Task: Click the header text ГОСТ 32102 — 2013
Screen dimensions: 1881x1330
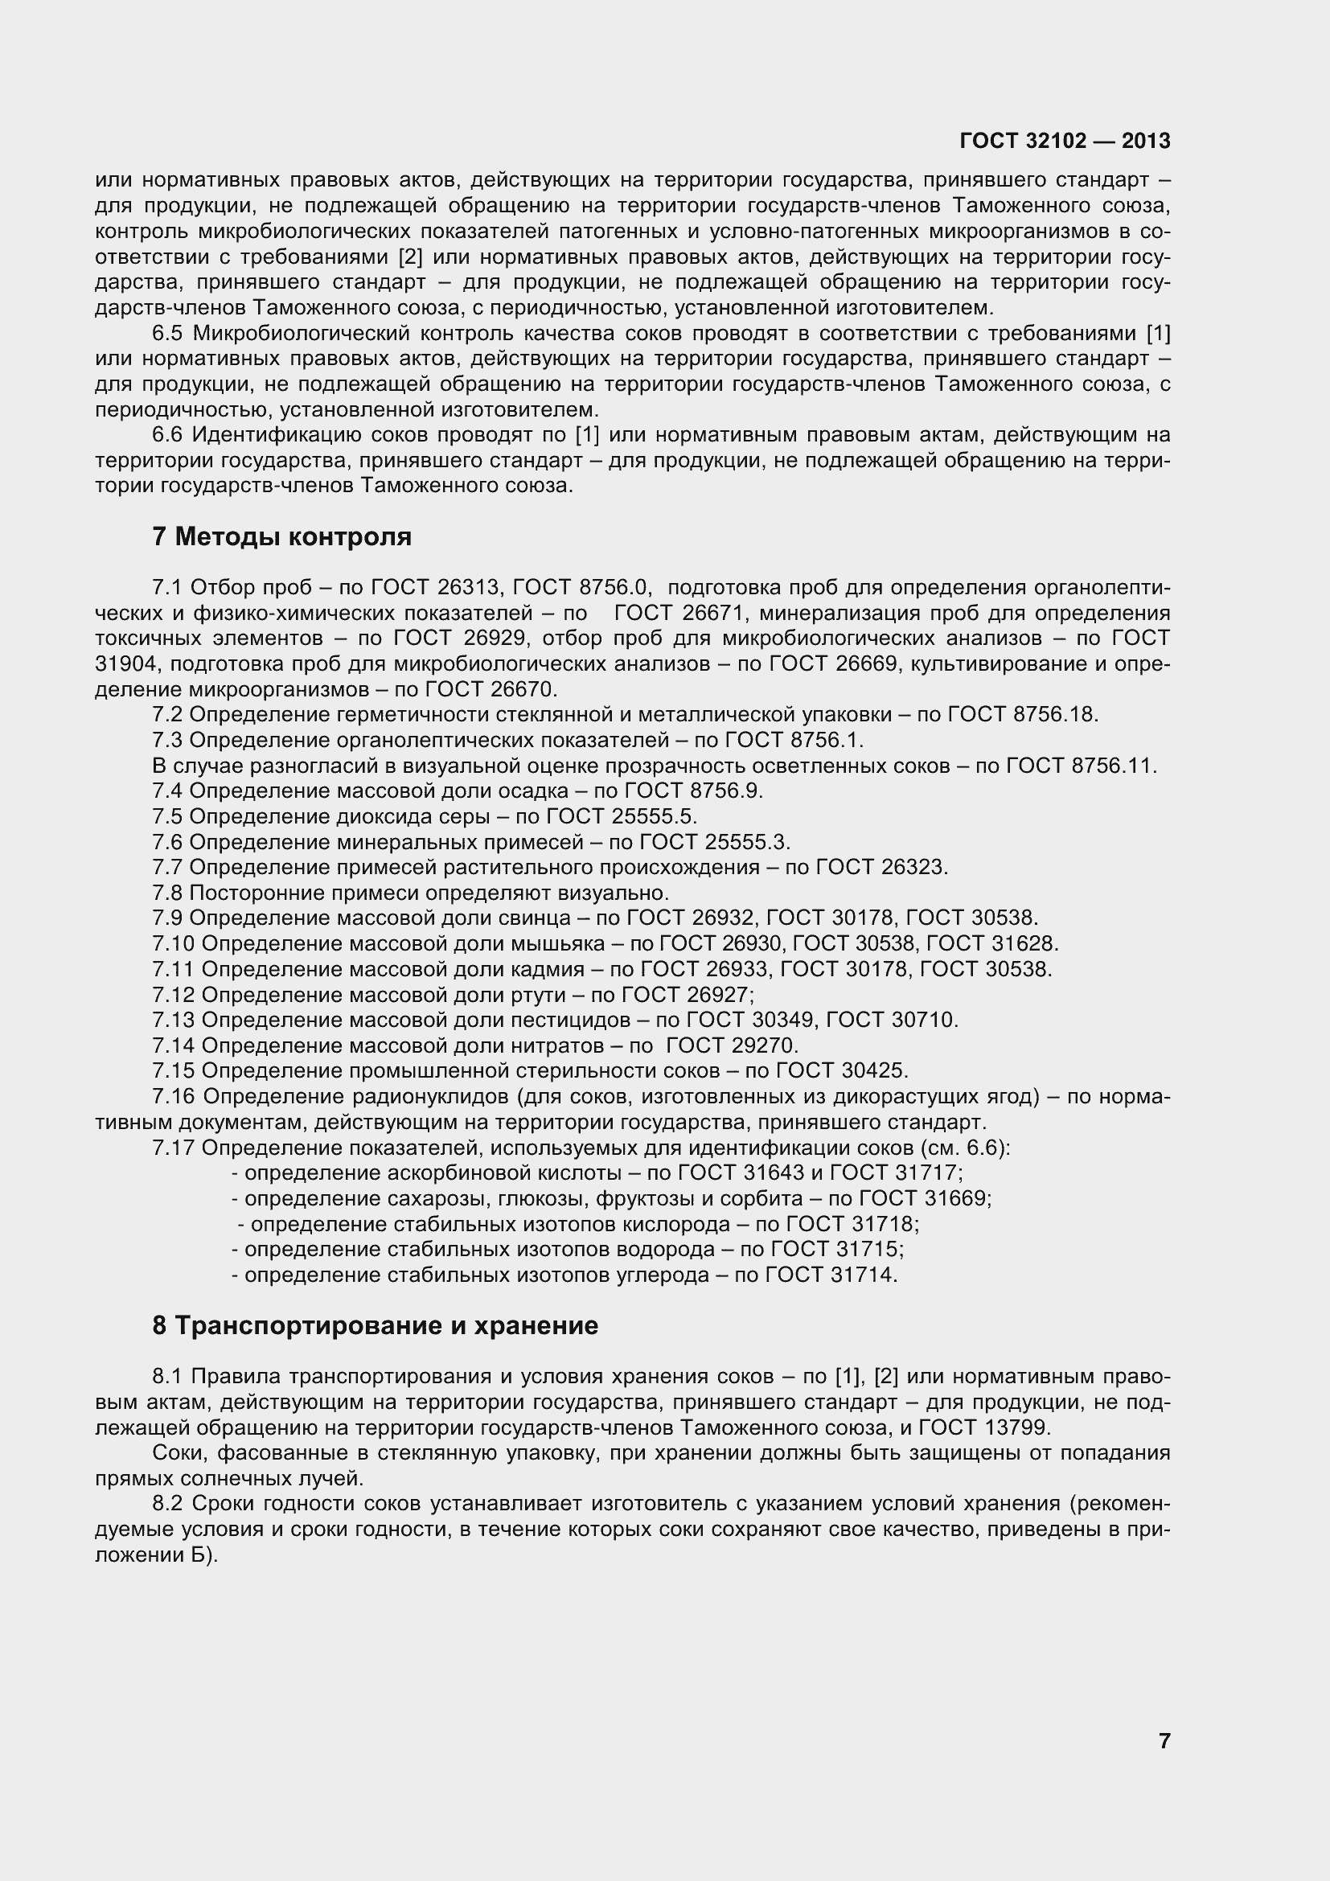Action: [1064, 141]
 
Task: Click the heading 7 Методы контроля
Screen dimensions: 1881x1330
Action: [281, 537]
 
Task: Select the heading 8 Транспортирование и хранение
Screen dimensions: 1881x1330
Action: [374, 1325]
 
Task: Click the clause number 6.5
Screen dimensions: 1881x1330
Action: [169, 334]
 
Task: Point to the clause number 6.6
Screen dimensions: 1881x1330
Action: [169, 435]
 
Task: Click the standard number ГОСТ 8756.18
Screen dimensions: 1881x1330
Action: [1021, 715]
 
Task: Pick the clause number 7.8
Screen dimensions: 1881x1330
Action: [168, 893]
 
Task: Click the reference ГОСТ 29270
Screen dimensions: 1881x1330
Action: [731, 1046]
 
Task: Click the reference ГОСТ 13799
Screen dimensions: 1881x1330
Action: [983, 1428]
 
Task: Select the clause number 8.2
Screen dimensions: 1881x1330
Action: [169, 1504]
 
